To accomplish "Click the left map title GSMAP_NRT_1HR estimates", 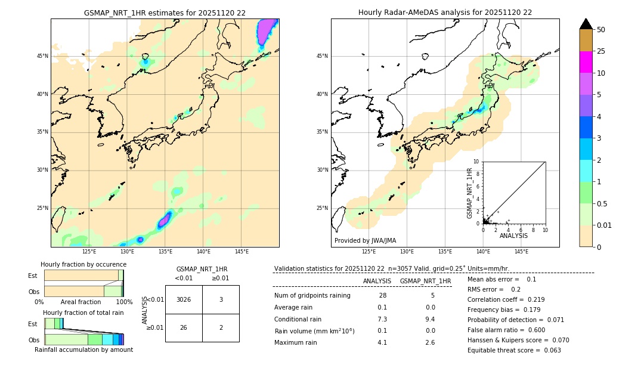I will tap(165, 13).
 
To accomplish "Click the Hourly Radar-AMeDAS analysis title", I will tap(445, 13).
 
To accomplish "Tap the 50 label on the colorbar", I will tap(601, 29).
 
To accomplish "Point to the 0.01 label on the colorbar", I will tap(605, 225).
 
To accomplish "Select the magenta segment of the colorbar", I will tap(586, 62).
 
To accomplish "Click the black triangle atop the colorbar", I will tap(586, 24).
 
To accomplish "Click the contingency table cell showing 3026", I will tap(184, 299).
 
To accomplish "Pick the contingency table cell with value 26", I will tap(184, 327).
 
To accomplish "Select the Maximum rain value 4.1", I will tap(382, 342).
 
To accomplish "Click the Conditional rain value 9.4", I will tap(430, 319).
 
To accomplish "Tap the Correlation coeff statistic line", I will tap(506, 299).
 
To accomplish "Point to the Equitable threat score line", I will tap(514, 350).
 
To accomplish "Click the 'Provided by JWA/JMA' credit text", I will tap(365, 241).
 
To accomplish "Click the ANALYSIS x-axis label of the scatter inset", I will tap(513, 236).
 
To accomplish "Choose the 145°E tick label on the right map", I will tap(521, 252).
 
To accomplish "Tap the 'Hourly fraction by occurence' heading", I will tap(83, 264).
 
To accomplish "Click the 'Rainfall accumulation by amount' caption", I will tap(83, 349).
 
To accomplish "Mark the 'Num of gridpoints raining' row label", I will tap(312, 295).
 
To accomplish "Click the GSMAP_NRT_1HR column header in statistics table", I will tap(425, 281).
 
